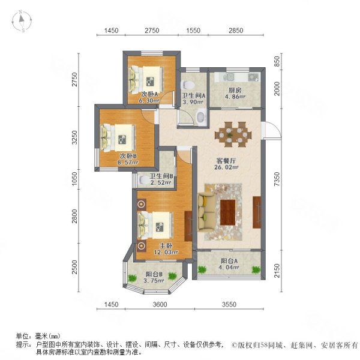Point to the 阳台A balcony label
228,261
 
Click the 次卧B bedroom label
128,156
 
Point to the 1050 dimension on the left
75,178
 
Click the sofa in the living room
209,209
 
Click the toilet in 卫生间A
188,84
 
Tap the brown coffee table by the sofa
229,211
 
